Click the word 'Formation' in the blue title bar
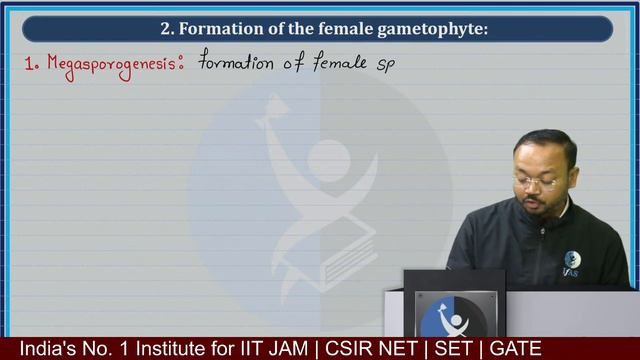click(217, 29)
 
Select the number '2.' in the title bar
click(168, 29)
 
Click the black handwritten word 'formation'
click(236, 62)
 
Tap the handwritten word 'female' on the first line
click(340, 62)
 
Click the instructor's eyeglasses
click(535, 182)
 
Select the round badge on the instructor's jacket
click(572, 260)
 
